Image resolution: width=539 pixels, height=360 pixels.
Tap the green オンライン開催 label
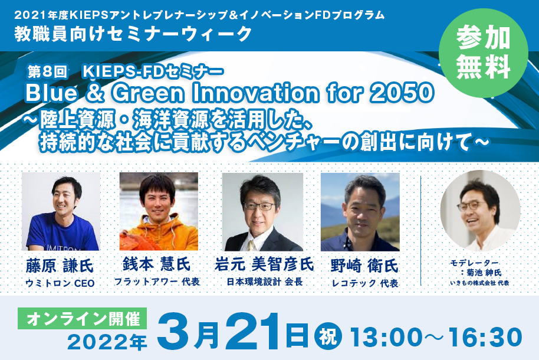83,318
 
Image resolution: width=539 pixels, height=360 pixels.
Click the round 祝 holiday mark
328,336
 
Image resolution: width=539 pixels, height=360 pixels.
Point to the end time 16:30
485,337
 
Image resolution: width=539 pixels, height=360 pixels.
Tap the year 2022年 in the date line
107,342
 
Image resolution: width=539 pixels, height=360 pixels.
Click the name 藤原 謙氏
60,266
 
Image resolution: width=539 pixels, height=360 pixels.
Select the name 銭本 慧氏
156,264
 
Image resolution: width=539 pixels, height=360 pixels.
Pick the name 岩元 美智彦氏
264,264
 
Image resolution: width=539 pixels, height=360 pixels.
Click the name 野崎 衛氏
364,266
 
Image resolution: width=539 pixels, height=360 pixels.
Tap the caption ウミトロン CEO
60,283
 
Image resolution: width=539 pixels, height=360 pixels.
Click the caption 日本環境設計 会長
265,282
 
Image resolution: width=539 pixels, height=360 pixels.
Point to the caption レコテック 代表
364,283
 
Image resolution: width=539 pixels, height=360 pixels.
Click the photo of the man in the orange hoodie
159,211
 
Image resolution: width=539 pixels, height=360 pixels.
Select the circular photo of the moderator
480,211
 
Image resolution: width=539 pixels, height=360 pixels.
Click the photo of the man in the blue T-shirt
61,211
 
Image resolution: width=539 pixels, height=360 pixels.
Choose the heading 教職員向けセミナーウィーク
134,34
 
